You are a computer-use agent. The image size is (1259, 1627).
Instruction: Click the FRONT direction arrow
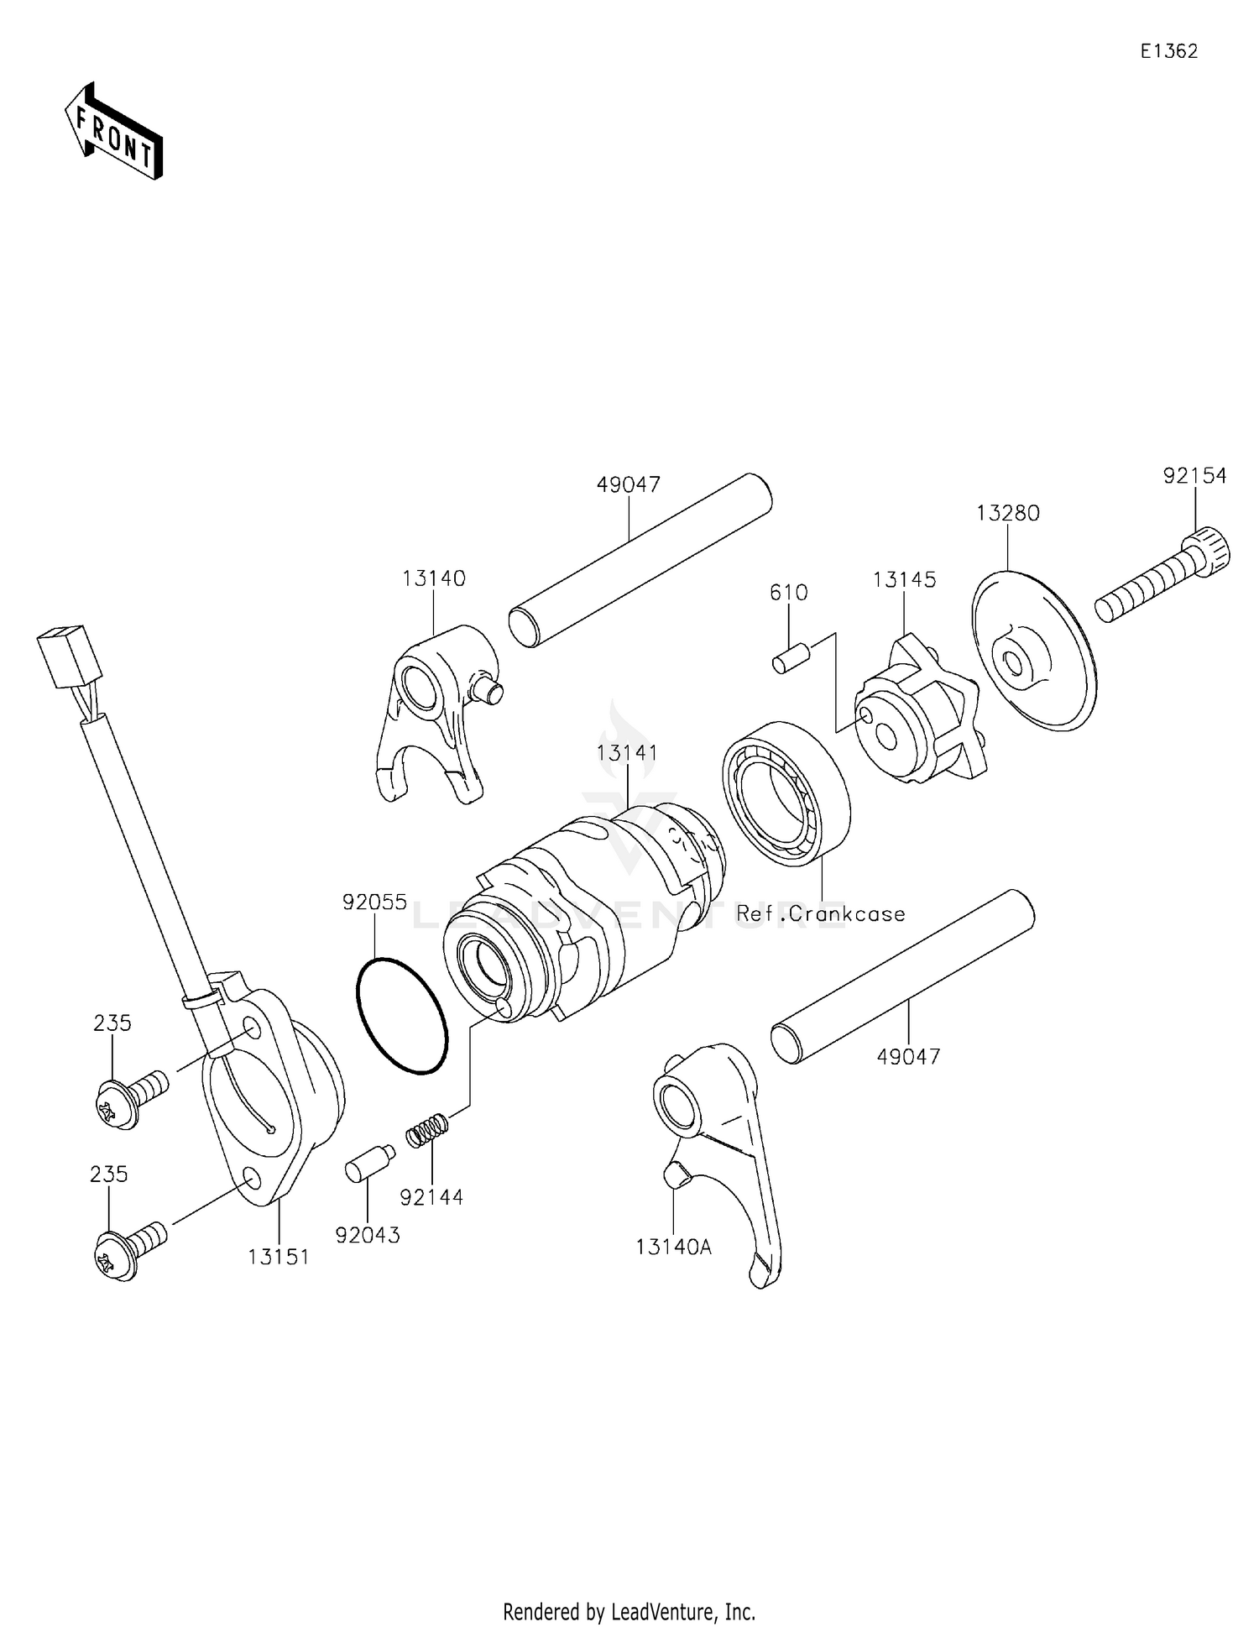point(114,132)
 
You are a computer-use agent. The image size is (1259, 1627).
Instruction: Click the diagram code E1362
point(1168,51)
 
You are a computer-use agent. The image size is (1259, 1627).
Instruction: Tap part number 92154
point(1194,476)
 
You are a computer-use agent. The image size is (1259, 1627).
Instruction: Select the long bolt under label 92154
point(1162,581)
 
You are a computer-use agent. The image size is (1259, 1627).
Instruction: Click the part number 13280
point(1007,513)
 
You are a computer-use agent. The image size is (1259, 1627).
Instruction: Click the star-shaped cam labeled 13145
point(917,714)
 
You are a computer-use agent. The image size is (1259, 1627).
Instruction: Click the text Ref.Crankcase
point(820,913)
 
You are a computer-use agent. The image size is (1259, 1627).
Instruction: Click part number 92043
point(367,1235)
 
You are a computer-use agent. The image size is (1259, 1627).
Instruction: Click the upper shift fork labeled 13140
point(432,714)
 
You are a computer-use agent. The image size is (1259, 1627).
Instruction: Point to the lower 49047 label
point(908,1056)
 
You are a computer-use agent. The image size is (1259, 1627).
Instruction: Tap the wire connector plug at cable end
point(69,657)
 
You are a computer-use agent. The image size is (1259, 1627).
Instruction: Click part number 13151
point(278,1257)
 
